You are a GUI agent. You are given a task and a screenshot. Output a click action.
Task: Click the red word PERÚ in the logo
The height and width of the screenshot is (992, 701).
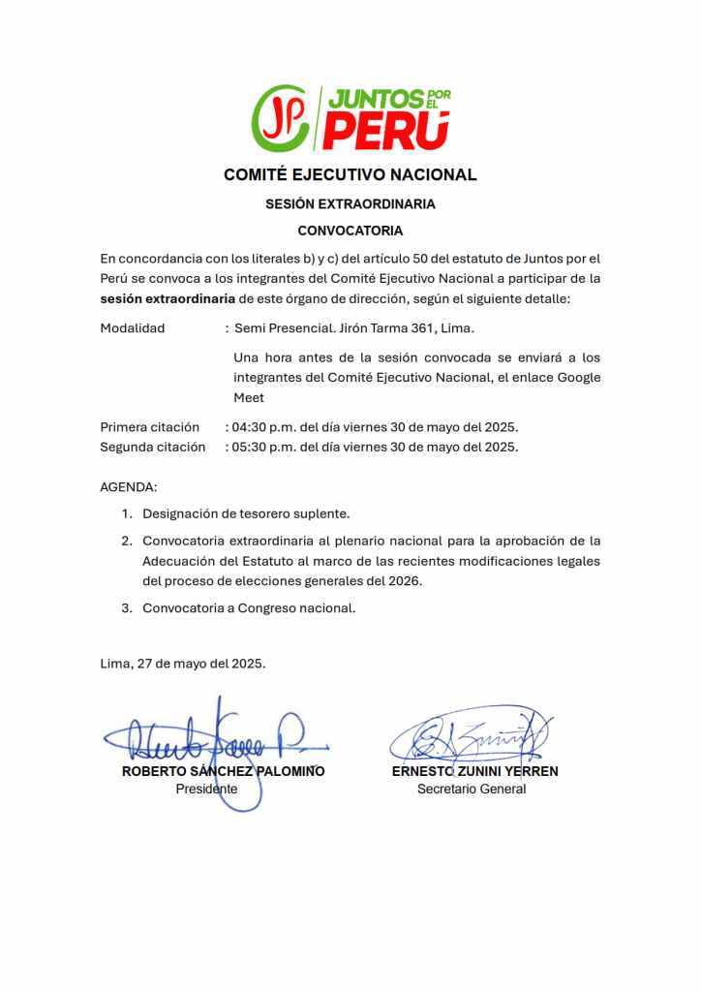[x=386, y=132]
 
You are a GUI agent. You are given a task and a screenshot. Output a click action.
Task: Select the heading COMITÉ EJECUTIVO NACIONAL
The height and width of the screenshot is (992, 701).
[x=350, y=175]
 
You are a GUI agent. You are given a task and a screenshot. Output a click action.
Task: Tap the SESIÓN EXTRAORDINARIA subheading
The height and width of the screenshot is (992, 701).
[x=350, y=204]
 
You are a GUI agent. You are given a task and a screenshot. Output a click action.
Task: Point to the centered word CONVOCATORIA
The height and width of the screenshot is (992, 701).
[x=350, y=231]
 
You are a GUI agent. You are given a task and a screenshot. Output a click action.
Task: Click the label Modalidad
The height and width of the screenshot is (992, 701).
[x=133, y=328]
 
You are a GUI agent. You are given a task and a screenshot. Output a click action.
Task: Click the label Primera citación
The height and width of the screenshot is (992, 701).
[x=149, y=427]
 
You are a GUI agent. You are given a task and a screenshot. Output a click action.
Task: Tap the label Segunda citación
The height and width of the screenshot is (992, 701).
[x=152, y=447]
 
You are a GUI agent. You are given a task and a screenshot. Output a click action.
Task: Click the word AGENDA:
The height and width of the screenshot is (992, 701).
[x=128, y=486]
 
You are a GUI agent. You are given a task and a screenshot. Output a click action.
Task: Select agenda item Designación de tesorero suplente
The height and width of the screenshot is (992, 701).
[x=246, y=513]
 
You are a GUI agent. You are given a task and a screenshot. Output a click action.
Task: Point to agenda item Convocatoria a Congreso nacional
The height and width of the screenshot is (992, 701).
[x=249, y=608]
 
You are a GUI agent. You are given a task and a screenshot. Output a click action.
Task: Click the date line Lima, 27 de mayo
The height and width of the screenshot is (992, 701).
[x=182, y=664]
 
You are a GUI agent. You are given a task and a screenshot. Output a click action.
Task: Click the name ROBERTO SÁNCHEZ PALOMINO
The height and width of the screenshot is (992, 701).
[x=223, y=772]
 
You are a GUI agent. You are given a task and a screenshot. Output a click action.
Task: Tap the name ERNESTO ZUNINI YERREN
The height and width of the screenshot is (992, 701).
[x=474, y=772]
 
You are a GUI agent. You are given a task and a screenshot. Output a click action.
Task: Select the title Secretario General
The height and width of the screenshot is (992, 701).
[x=472, y=790]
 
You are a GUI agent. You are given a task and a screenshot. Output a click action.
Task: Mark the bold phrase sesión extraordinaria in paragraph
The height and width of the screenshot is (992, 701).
[x=168, y=298]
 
